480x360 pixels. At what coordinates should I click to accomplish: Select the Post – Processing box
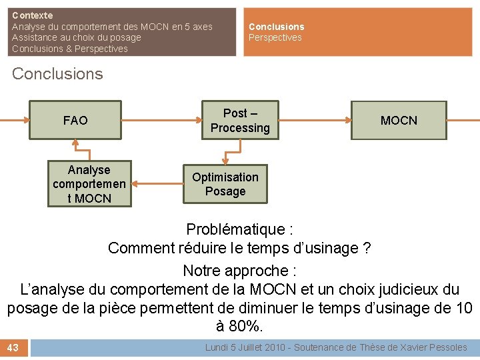click(x=240, y=121)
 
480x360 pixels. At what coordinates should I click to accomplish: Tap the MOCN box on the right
click(x=399, y=120)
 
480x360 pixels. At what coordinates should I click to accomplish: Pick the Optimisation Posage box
click(x=225, y=184)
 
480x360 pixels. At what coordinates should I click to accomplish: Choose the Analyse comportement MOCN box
click(x=89, y=184)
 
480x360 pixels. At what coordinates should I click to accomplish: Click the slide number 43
click(x=14, y=347)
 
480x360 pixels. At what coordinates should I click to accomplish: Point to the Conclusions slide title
click(x=57, y=73)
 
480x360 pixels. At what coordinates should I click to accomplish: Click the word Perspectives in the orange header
click(x=275, y=38)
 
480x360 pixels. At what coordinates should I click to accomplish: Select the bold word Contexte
click(x=32, y=15)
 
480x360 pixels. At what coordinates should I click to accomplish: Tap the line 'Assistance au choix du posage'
click(x=77, y=38)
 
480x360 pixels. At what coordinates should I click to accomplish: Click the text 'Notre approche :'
click(x=239, y=271)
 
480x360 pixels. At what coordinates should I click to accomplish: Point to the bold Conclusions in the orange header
click(x=276, y=27)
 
